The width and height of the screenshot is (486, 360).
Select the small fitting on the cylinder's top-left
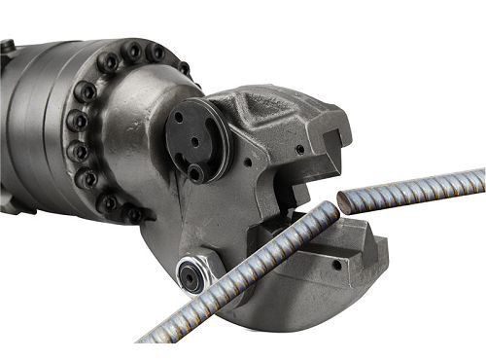coord(7,47)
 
